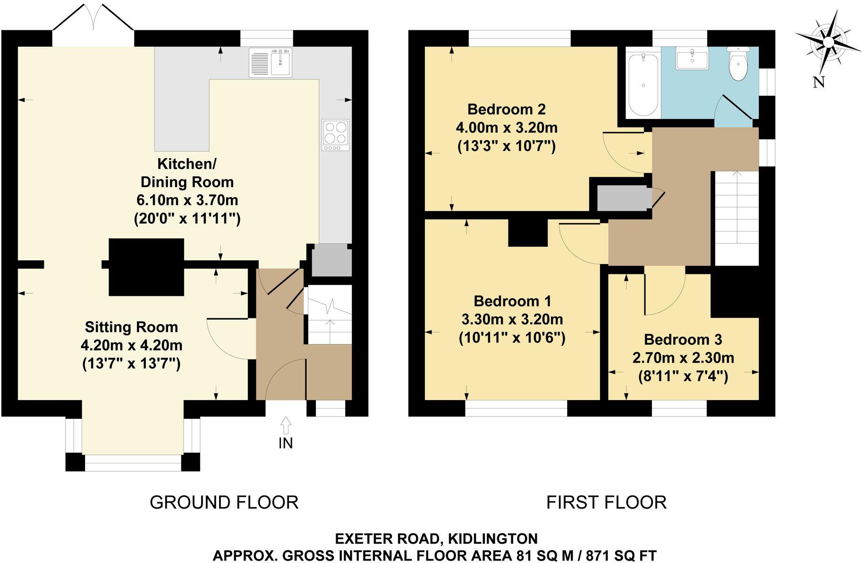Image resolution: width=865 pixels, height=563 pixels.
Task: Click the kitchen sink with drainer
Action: pyautogui.click(x=271, y=62)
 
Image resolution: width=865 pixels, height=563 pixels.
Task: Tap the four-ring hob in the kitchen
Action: pyautogui.click(x=336, y=135)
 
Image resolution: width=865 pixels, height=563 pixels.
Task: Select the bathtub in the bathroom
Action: pyautogui.click(x=643, y=84)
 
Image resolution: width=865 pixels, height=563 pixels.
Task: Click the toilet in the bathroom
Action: pyautogui.click(x=737, y=65)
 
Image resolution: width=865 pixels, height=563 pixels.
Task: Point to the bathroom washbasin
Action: pyautogui.click(x=692, y=59)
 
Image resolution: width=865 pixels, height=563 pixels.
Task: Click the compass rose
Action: pyautogui.click(x=828, y=42)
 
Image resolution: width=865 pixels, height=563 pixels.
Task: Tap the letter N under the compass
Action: pyautogui.click(x=819, y=82)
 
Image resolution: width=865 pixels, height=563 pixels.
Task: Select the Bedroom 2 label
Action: pyautogui.click(x=506, y=110)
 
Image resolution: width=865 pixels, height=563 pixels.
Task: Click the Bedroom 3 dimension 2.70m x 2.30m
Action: pyautogui.click(x=683, y=358)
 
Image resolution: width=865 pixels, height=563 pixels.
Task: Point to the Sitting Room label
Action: pyautogui.click(x=131, y=327)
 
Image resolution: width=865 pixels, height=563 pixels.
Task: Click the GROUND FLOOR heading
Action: pyautogui.click(x=224, y=502)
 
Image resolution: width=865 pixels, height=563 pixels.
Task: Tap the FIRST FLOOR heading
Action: pyautogui.click(x=606, y=502)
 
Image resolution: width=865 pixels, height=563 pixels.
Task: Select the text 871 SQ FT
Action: pyautogui.click(x=621, y=555)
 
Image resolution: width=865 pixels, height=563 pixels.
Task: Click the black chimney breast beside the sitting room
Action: pyautogui.click(x=146, y=267)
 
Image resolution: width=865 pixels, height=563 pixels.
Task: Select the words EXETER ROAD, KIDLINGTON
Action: pyautogui.click(x=436, y=538)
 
